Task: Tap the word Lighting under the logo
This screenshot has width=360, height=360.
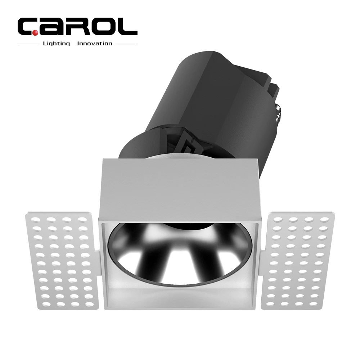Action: [x=56, y=44]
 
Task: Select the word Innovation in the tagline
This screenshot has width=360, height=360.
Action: [x=95, y=44]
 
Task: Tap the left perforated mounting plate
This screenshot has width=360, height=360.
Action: [x=61, y=259]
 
